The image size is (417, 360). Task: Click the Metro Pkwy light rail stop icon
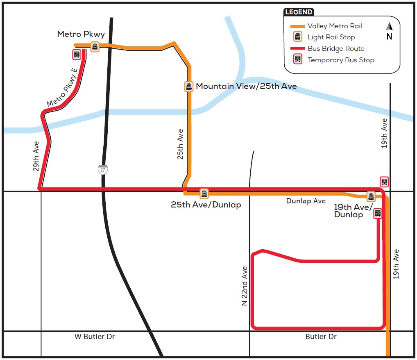pyautogui.click(x=95, y=47)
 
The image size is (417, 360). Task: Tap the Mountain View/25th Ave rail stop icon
pyautogui.click(x=188, y=87)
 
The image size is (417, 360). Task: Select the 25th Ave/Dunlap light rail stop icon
pyautogui.click(x=204, y=194)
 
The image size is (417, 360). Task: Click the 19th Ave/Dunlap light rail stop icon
pyautogui.click(x=371, y=197)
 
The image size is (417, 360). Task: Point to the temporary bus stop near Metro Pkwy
pyautogui.click(x=77, y=54)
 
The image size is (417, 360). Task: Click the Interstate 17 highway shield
pyautogui.click(x=102, y=169)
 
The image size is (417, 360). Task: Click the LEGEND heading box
pyautogui.click(x=299, y=12)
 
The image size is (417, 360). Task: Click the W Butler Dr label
pyautogui.click(x=95, y=337)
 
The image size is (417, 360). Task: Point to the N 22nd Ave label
pyautogui.click(x=245, y=286)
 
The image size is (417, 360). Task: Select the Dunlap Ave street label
pyautogui.click(x=306, y=201)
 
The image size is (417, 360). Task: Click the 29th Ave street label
pyautogui.click(x=36, y=156)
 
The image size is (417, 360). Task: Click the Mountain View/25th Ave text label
pyautogui.click(x=246, y=87)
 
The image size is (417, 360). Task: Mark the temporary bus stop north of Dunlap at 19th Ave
pyautogui.click(x=384, y=182)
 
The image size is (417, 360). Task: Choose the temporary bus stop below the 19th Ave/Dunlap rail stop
pyautogui.click(x=378, y=213)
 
